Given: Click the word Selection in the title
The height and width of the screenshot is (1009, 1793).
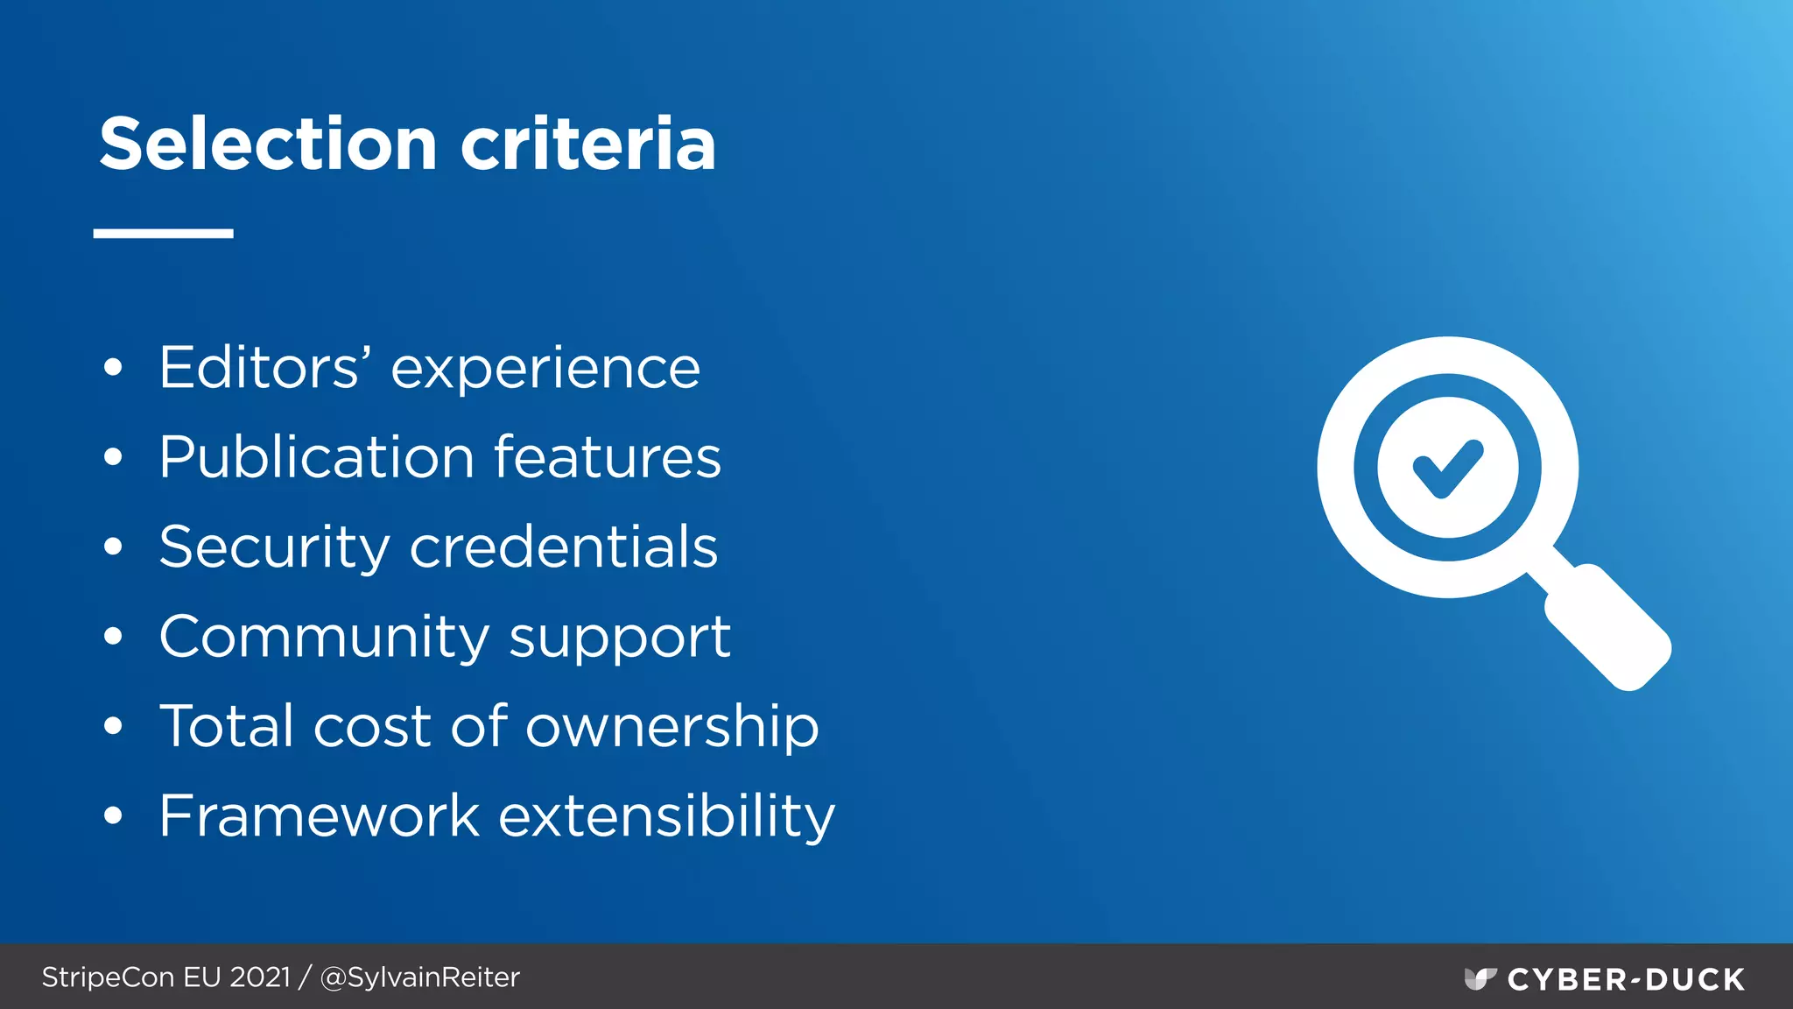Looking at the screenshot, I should coord(268,145).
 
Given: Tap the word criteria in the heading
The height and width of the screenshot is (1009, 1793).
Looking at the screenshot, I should coord(588,145).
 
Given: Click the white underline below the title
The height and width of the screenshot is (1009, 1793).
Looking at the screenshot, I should coord(164,233).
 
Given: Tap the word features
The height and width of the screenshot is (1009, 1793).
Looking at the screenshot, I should coord(608,457).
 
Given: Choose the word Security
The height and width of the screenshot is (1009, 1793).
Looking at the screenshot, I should coord(274,548).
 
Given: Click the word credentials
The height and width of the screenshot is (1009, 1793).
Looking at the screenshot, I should coord(564,547).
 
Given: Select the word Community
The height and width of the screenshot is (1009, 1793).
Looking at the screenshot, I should coord(324,638).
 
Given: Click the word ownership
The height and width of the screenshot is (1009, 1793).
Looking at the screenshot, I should coord(671,728).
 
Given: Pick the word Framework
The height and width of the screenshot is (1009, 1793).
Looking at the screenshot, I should coord(320,816).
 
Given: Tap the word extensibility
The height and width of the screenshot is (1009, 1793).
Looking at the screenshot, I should coord(666,817).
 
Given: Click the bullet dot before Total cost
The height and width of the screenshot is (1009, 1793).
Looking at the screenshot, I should coord(113,726).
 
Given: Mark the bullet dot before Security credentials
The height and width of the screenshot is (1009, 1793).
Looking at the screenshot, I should coord(113,547).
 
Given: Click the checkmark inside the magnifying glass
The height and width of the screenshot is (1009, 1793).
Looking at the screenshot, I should coord(1448,468).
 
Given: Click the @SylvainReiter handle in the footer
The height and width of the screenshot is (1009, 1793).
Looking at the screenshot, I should coord(420,977).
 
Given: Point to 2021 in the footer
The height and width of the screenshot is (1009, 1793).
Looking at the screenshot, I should coord(260,977).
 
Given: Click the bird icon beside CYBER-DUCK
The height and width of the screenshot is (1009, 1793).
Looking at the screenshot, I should coord(1480,978).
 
